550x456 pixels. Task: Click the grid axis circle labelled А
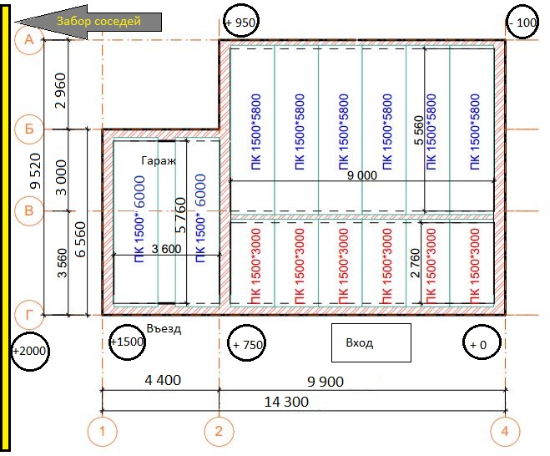click(x=29, y=40)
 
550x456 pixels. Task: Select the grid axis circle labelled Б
click(x=29, y=129)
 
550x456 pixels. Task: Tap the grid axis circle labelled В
click(x=29, y=212)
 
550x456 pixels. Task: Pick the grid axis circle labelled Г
click(x=29, y=314)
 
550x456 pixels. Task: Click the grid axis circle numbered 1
click(x=102, y=432)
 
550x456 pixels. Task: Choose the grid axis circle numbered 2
click(x=219, y=432)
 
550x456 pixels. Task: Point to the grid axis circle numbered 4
click(x=505, y=432)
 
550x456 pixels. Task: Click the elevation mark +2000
click(x=28, y=351)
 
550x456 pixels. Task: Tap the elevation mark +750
click(x=247, y=344)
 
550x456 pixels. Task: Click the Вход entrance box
click(x=371, y=342)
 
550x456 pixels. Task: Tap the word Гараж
click(x=159, y=161)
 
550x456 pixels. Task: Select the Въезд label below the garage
click(x=164, y=329)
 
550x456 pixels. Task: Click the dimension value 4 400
click(x=163, y=381)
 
